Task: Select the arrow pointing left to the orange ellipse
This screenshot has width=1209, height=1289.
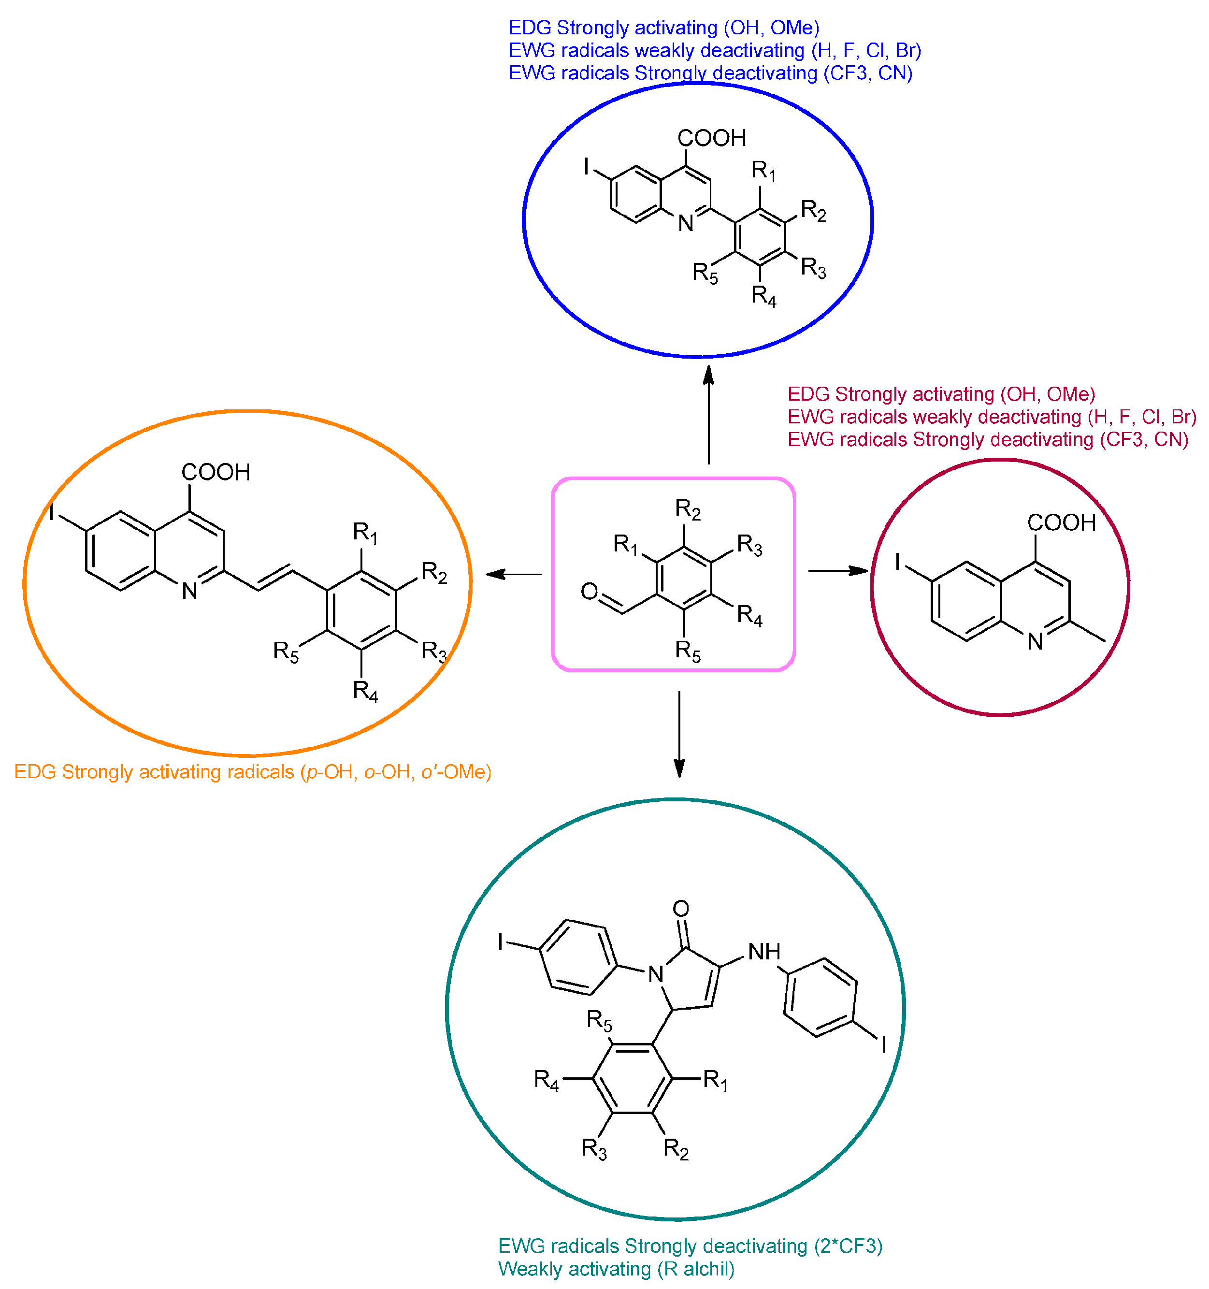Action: pyautogui.click(x=514, y=574)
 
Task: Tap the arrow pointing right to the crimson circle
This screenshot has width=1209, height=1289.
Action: pyautogui.click(x=837, y=571)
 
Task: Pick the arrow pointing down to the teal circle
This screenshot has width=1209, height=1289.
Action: pyautogui.click(x=679, y=733)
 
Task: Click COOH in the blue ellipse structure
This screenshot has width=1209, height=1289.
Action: pyautogui.click(x=711, y=138)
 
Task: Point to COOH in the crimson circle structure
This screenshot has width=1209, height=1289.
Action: pyautogui.click(x=1061, y=522)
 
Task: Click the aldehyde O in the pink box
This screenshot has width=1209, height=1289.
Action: pyautogui.click(x=589, y=591)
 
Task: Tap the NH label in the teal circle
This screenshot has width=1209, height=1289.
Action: pyautogui.click(x=764, y=952)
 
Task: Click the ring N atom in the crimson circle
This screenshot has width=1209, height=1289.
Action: pyautogui.click(x=1035, y=642)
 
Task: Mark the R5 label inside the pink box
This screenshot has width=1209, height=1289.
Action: pyautogui.click(x=688, y=651)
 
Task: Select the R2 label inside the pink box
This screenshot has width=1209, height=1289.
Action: pyautogui.click(x=688, y=509)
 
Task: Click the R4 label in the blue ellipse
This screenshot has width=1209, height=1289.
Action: pyautogui.click(x=763, y=296)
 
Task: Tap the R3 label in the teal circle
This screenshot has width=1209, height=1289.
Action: pyautogui.click(x=594, y=1148)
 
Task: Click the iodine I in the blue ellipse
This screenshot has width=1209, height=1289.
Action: pyautogui.click(x=587, y=167)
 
